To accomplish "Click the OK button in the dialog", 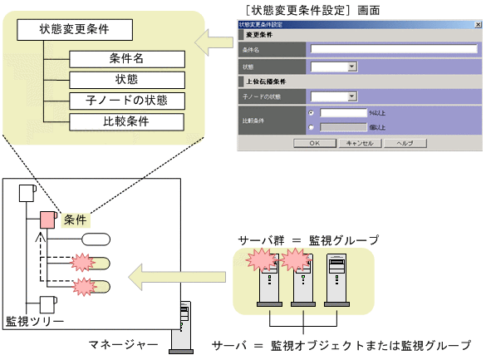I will click(x=312, y=143).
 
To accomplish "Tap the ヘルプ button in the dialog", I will click(x=405, y=143).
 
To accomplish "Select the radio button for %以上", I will click(x=311, y=112).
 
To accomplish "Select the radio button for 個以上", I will click(x=311, y=127).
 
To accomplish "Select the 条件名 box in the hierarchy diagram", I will click(x=126, y=60).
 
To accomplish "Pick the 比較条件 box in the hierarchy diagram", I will click(x=126, y=122).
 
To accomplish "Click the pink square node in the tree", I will click(x=47, y=220).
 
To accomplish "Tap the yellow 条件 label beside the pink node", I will click(x=76, y=220).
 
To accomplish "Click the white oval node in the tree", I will click(x=94, y=240).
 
